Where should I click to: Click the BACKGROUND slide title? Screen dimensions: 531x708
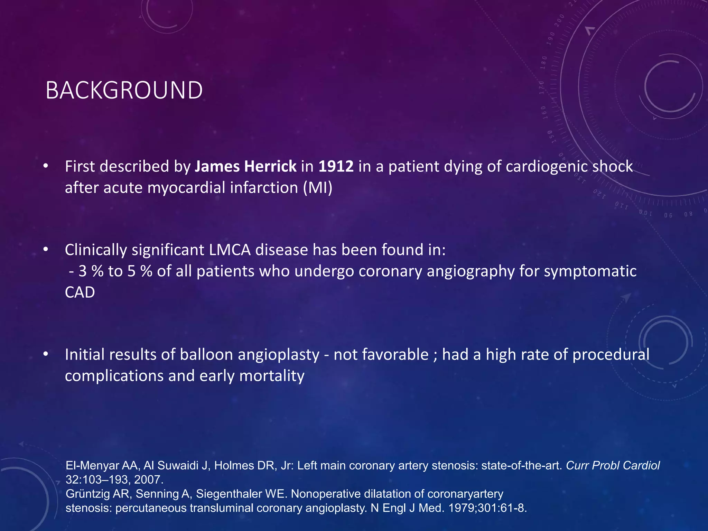click(124, 91)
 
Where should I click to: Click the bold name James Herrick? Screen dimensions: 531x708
click(245, 166)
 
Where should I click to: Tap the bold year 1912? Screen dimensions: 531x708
click(336, 166)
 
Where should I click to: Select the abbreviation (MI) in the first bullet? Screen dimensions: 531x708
click(317, 188)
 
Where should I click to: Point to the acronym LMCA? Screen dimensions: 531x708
click(230, 250)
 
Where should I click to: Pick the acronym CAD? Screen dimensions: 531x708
click(80, 292)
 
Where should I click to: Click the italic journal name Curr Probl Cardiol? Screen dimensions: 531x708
click(613, 466)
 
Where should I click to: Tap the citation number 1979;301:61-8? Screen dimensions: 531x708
click(487, 508)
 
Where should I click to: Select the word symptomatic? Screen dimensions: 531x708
click(590, 271)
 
